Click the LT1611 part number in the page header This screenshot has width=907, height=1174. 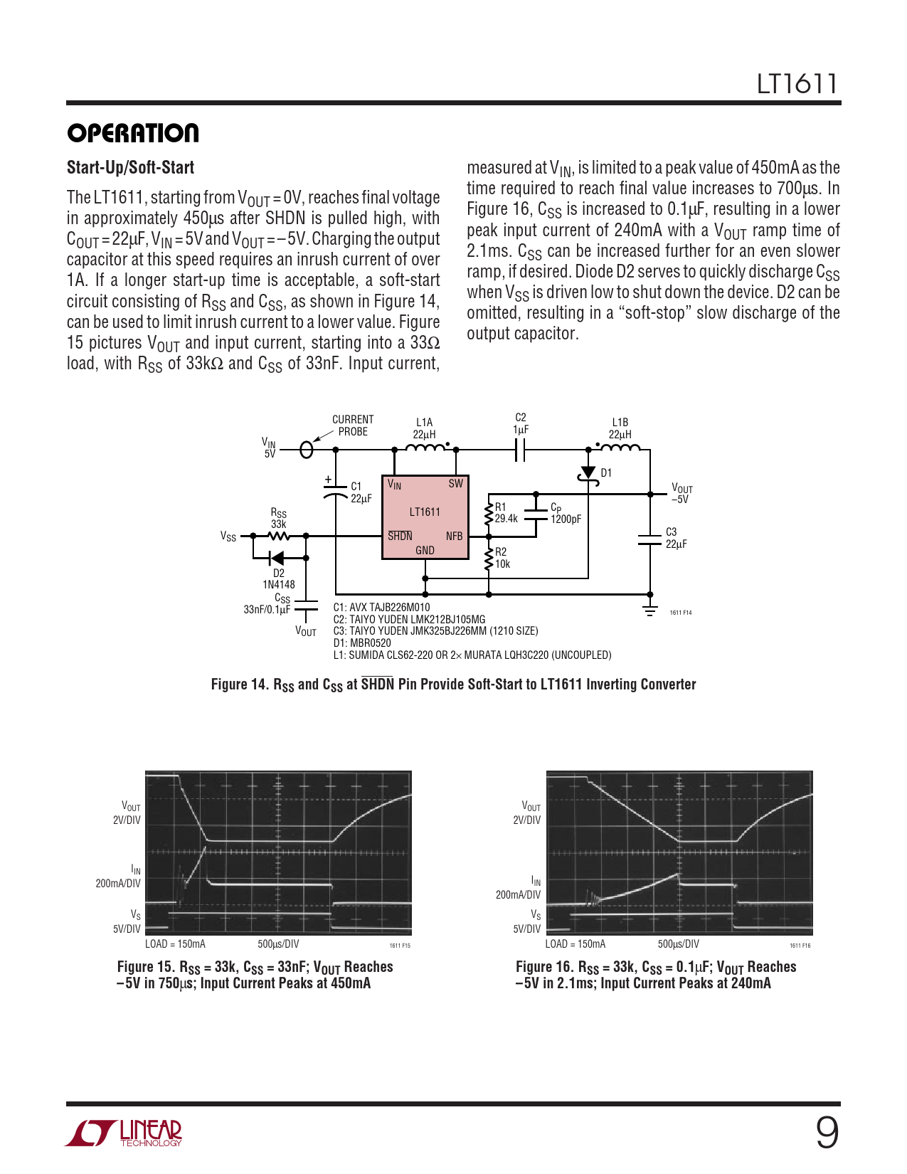(797, 84)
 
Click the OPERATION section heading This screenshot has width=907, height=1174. (133, 133)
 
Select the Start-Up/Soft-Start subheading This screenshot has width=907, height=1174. (130, 168)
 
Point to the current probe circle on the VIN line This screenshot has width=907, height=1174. (307, 450)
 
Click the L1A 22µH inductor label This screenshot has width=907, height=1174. (424, 428)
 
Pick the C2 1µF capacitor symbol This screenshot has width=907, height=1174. (520, 450)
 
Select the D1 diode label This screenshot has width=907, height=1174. (606, 473)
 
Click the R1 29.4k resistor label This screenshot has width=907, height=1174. (506, 513)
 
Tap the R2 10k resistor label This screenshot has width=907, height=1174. (502, 558)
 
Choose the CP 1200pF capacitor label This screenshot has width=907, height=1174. (566, 514)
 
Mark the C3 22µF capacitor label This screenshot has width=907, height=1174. (676, 538)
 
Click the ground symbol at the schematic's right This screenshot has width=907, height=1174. (650, 610)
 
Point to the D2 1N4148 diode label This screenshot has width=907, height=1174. (279, 579)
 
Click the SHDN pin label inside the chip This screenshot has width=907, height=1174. (400, 536)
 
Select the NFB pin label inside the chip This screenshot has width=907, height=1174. (454, 536)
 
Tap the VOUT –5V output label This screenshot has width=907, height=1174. (681, 494)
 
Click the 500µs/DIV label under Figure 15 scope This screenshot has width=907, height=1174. (278, 944)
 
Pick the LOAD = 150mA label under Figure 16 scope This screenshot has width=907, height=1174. (575, 944)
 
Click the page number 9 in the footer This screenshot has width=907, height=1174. (827, 1133)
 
